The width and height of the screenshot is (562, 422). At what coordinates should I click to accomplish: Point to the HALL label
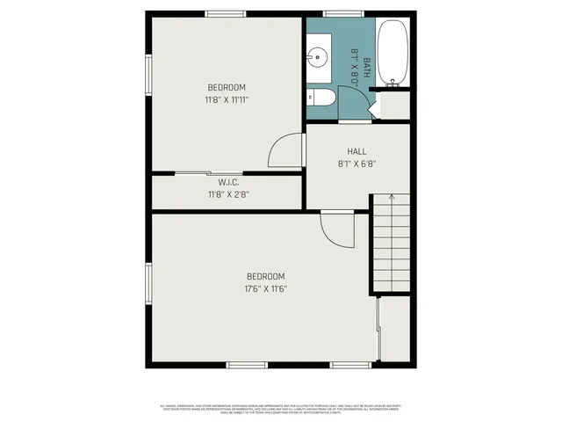[357, 151]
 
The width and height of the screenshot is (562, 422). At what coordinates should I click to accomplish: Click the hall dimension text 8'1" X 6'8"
[357, 163]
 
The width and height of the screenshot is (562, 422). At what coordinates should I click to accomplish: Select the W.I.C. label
[228, 183]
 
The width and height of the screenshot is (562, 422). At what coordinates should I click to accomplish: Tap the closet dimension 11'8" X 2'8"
[228, 194]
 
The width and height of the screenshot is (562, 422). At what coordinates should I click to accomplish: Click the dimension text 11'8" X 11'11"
[226, 99]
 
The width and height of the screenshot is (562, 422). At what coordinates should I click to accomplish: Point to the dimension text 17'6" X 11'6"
[266, 288]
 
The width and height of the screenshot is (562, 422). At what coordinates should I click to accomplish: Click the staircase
[390, 244]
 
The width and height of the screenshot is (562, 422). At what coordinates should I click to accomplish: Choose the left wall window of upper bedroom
[148, 76]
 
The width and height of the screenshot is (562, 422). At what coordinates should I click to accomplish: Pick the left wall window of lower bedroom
[148, 287]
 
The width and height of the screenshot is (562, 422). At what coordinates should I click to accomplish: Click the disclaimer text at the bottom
[281, 408]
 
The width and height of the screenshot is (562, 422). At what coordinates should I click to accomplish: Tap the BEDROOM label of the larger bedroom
[266, 276]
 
